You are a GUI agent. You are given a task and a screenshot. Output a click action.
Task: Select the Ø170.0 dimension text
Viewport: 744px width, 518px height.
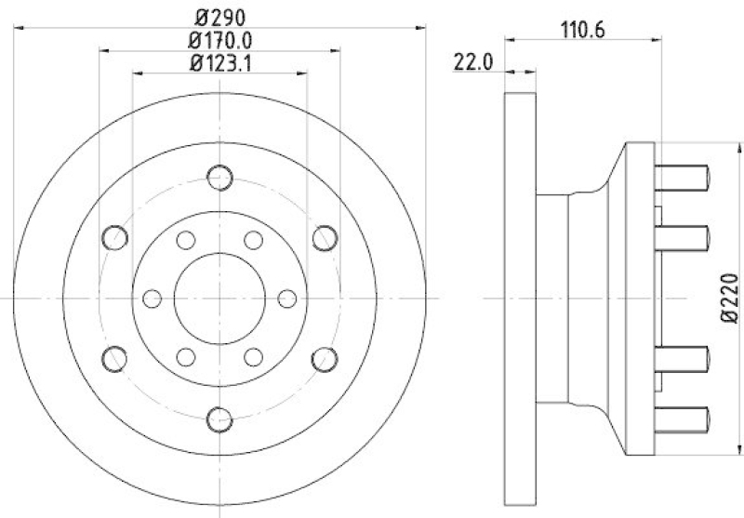click(220, 41)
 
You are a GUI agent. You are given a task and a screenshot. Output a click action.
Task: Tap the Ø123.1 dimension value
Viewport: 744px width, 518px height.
click(220, 63)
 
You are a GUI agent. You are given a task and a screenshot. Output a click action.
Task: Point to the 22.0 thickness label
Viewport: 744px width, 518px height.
click(472, 63)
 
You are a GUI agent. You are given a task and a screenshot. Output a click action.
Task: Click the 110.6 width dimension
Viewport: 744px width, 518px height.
click(583, 29)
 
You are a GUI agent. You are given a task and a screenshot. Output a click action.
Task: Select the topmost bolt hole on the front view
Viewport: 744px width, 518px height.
click(219, 177)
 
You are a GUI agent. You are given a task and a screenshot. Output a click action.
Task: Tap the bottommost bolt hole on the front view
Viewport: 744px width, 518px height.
click(219, 418)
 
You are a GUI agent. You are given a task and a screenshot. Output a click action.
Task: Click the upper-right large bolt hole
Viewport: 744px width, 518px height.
click(324, 237)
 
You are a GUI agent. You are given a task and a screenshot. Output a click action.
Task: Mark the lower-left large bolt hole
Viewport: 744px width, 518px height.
click(115, 357)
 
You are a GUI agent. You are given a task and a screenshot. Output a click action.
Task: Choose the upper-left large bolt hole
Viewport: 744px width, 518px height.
click(115, 237)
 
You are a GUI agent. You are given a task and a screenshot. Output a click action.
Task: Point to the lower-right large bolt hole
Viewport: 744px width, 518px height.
click(324, 357)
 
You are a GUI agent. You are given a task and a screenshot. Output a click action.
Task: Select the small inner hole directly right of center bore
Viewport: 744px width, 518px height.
click(287, 298)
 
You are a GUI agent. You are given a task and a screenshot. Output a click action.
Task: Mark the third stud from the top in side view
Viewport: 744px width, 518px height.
click(684, 357)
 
